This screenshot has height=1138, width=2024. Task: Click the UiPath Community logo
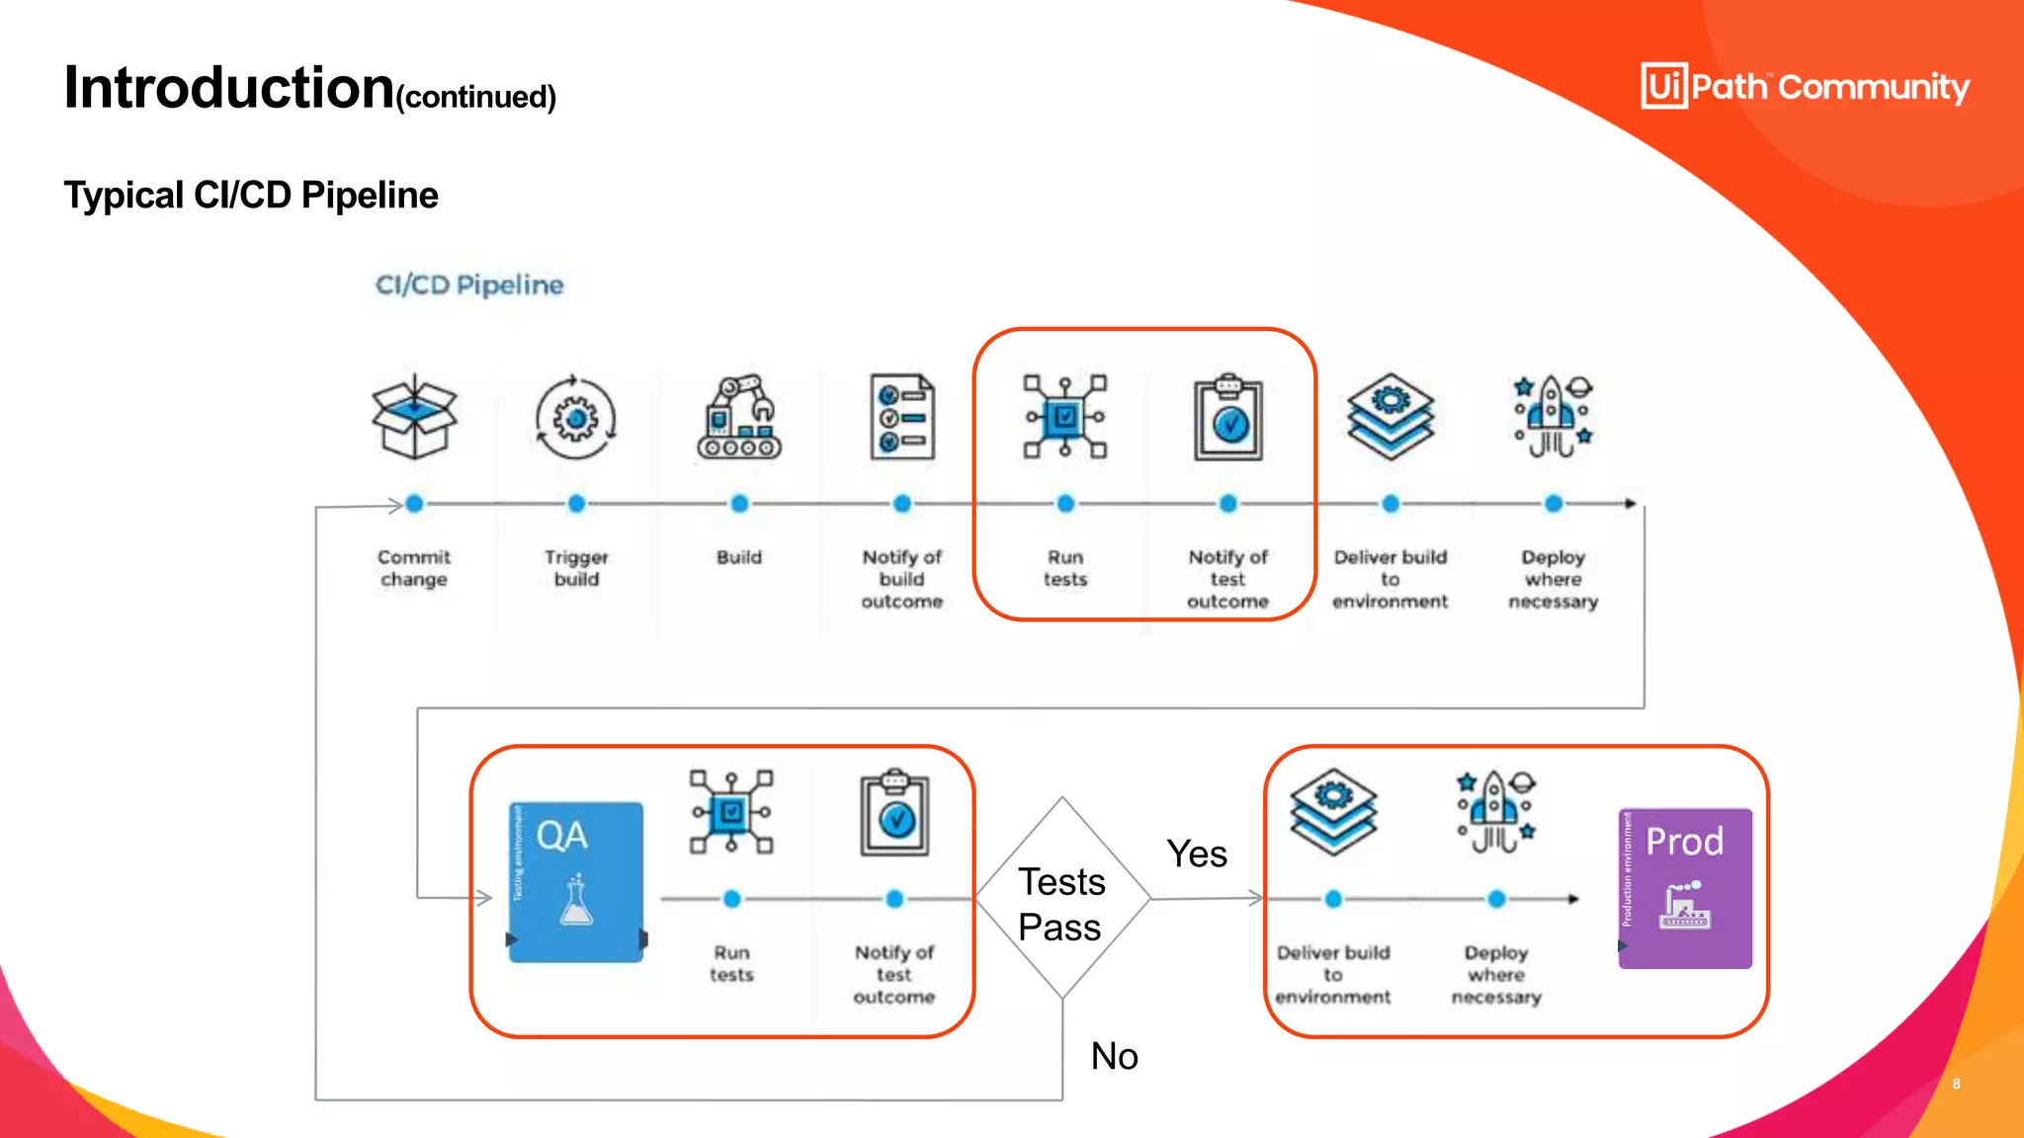(1805, 87)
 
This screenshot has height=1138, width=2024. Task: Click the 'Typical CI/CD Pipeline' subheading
(251, 196)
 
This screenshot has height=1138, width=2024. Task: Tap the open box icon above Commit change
(414, 417)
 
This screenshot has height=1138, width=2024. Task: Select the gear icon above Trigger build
(576, 418)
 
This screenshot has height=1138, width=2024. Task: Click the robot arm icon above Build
(739, 417)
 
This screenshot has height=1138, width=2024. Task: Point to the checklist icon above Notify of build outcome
(901, 417)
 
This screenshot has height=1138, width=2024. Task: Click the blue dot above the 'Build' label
(739, 504)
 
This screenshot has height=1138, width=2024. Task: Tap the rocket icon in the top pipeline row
(1554, 417)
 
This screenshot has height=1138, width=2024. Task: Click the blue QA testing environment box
(576, 882)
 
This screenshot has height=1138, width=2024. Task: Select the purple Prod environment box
(1685, 888)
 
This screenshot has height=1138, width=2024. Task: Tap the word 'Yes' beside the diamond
(1197, 854)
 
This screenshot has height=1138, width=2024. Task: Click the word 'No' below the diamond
(1114, 1056)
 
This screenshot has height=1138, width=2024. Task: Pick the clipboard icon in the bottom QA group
(894, 813)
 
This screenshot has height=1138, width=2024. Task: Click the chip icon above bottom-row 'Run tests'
(731, 812)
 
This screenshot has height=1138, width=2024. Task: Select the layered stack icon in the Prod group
(1333, 812)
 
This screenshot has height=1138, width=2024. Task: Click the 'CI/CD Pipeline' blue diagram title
(469, 285)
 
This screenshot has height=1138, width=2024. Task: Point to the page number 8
(1956, 1084)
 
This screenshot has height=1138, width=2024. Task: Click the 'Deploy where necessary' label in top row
(1553, 580)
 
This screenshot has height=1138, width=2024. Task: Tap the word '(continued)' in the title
(476, 98)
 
